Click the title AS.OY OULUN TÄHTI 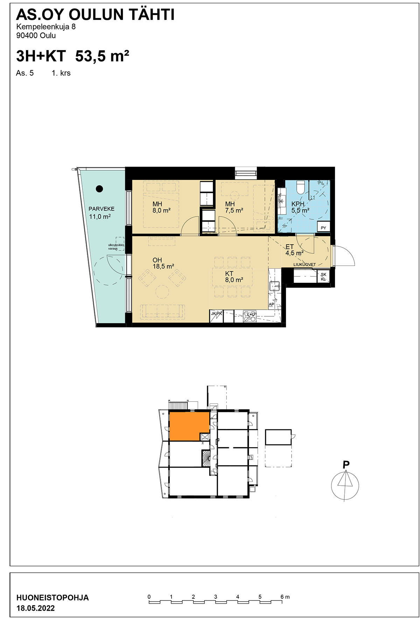(95, 15)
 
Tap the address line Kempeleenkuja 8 (46, 27)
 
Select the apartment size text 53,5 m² (102, 56)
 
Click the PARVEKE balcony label (101, 209)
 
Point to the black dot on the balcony (99, 189)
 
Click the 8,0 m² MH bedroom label (161, 207)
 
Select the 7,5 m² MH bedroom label (234, 207)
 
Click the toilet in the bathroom (300, 187)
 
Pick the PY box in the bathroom (323, 227)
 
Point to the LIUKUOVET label (304, 265)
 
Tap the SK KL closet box (323, 277)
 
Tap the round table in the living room (162, 292)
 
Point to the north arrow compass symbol (345, 484)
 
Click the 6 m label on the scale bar (285, 597)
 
